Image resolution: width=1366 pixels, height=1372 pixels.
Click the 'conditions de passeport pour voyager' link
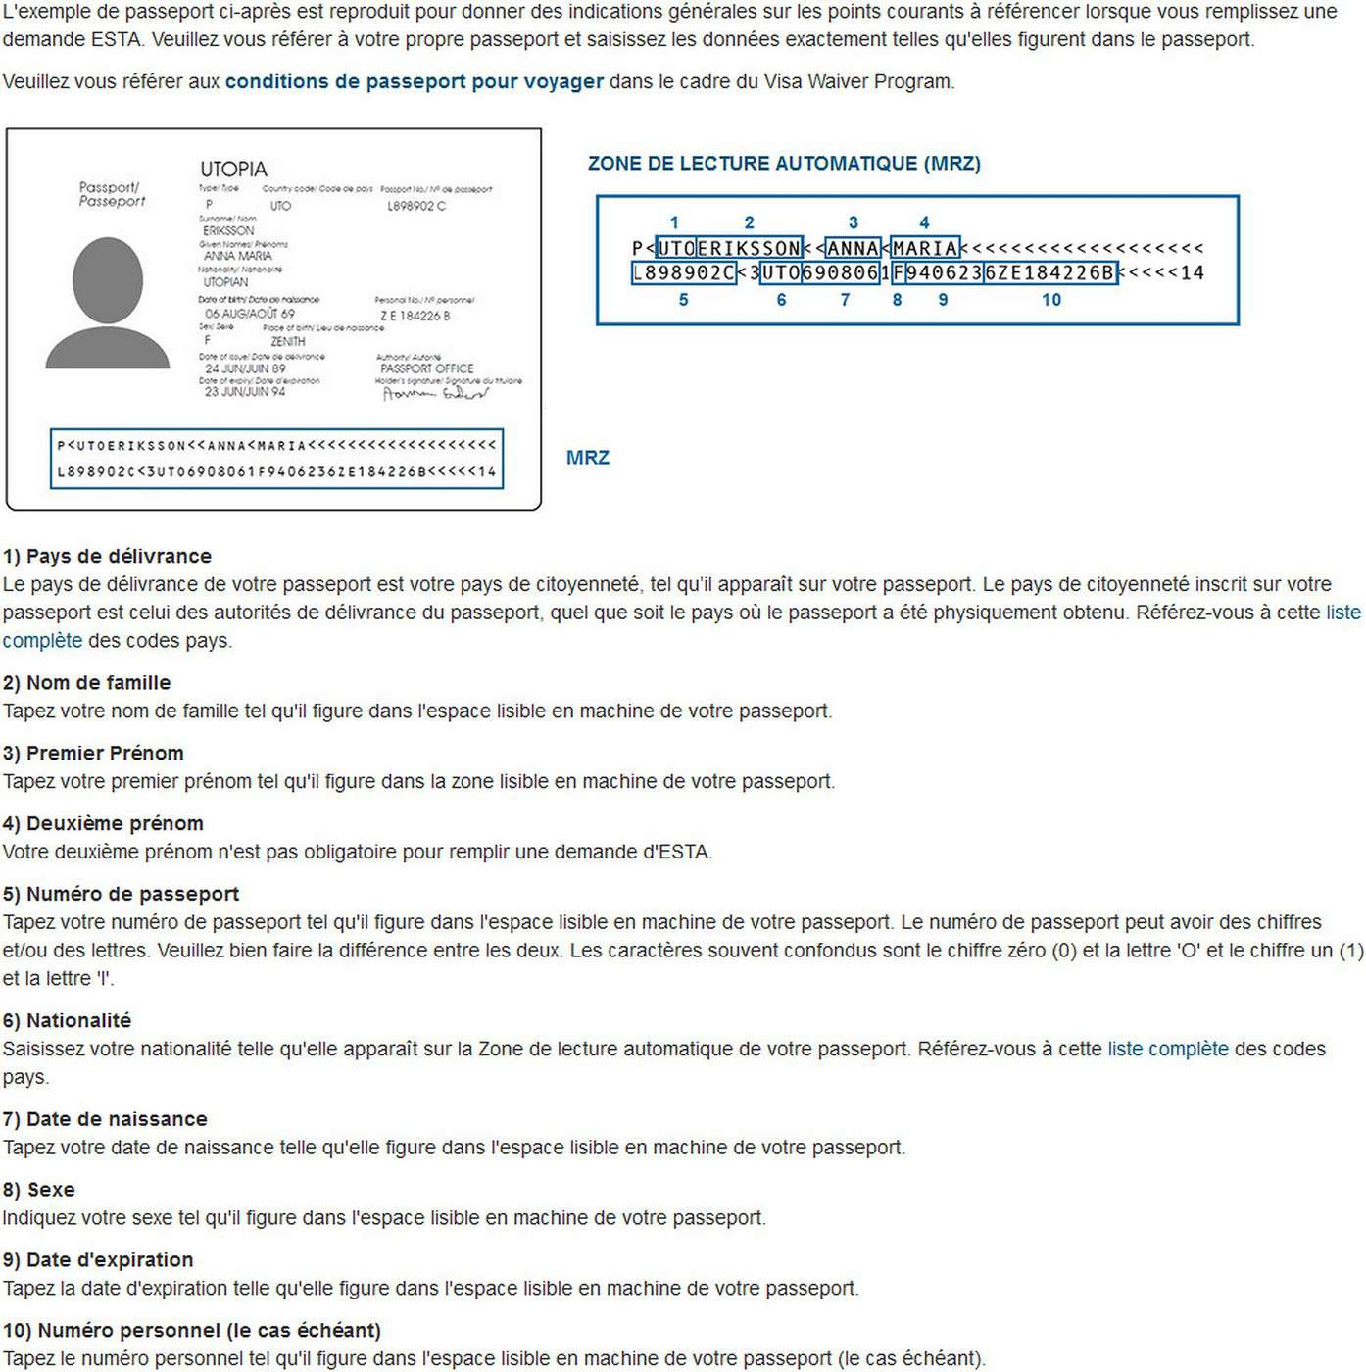(x=414, y=81)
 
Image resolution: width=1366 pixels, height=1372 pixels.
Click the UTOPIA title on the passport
(x=233, y=169)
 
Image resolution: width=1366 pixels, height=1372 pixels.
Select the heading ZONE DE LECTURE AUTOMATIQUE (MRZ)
(x=784, y=164)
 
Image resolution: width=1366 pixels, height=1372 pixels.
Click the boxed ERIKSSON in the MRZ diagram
(x=749, y=248)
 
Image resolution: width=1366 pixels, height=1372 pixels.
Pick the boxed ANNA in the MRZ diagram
(x=853, y=248)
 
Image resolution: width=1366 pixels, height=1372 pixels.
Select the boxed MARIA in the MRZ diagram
(x=925, y=248)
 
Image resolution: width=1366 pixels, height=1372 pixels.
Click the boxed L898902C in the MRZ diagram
(x=683, y=272)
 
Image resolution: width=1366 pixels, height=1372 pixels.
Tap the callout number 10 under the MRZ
(x=1050, y=300)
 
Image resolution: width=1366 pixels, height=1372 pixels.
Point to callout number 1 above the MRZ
(x=674, y=222)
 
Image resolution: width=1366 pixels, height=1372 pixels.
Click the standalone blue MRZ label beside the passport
(x=588, y=458)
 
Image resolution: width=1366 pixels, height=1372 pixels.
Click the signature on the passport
(x=435, y=394)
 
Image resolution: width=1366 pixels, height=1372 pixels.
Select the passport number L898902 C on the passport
(x=416, y=206)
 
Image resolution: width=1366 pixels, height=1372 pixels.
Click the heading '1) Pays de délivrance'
(x=107, y=556)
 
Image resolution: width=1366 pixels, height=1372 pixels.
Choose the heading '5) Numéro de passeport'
(x=121, y=894)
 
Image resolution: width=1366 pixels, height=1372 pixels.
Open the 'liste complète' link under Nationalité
(x=1167, y=1049)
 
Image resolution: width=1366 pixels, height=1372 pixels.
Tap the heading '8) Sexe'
(x=39, y=1190)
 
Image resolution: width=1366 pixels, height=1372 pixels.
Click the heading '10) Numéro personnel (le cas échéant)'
(x=192, y=1330)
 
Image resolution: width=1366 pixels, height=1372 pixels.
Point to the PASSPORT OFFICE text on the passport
(x=427, y=368)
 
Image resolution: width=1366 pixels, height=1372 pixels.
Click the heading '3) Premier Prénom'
(x=93, y=753)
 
